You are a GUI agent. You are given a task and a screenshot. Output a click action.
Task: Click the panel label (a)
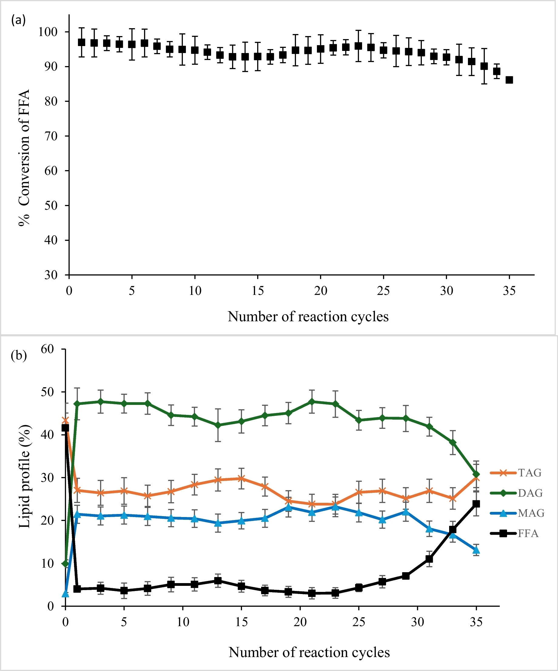point(18,20)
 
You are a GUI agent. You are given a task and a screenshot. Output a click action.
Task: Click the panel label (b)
point(19,355)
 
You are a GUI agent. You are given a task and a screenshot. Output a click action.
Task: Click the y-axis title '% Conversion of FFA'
point(24,158)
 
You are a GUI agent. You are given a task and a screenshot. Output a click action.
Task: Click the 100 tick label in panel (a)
point(48,32)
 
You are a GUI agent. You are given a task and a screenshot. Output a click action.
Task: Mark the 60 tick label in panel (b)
point(47,349)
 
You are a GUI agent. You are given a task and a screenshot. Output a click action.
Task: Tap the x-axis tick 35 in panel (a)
point(509,291)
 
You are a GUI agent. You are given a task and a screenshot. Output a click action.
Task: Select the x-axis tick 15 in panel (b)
point(241,622)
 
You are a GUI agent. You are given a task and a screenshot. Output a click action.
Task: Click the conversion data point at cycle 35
point(509,80)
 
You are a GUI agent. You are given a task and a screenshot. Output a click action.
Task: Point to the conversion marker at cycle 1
point(82,42)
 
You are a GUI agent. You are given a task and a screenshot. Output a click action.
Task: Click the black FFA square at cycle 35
point(476,504)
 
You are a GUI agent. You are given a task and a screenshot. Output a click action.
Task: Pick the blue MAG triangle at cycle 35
point(476,550)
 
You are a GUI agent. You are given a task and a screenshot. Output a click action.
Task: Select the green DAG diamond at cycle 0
point(65,564)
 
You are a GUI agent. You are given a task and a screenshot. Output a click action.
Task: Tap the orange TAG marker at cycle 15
point(241,478)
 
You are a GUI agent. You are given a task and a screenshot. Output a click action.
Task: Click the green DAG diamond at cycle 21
point(312,402)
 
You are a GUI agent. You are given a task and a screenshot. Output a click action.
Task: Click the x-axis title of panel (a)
point(308,317)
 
